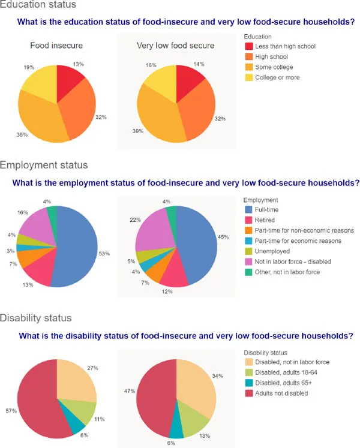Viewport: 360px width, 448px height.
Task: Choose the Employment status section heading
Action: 44,164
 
